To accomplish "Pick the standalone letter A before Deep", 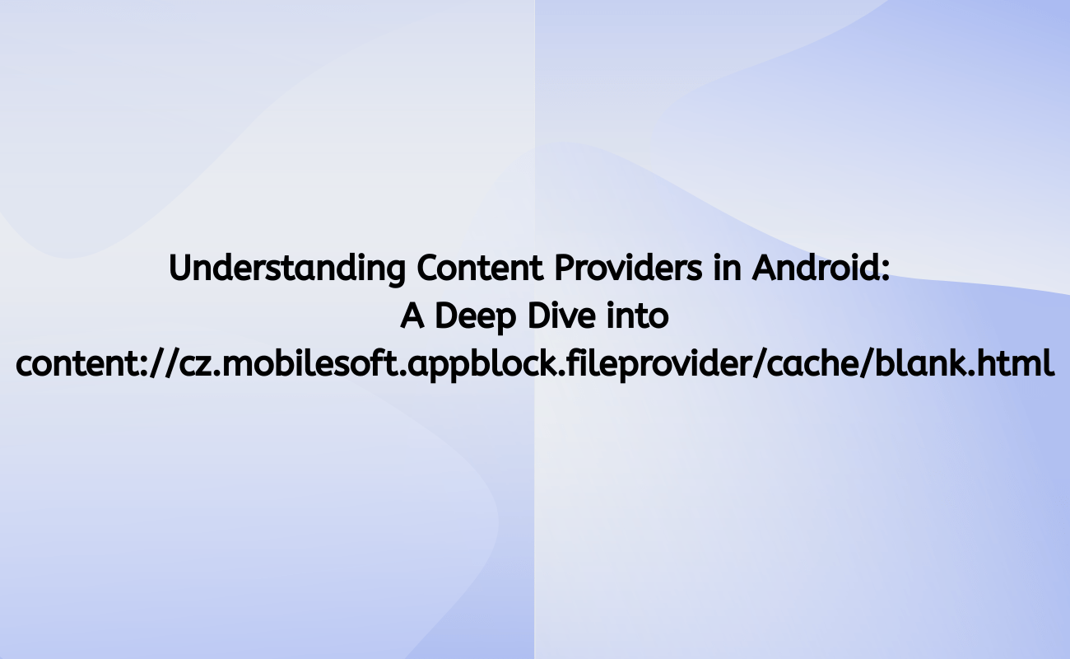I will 412,316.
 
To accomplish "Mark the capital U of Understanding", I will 179,269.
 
